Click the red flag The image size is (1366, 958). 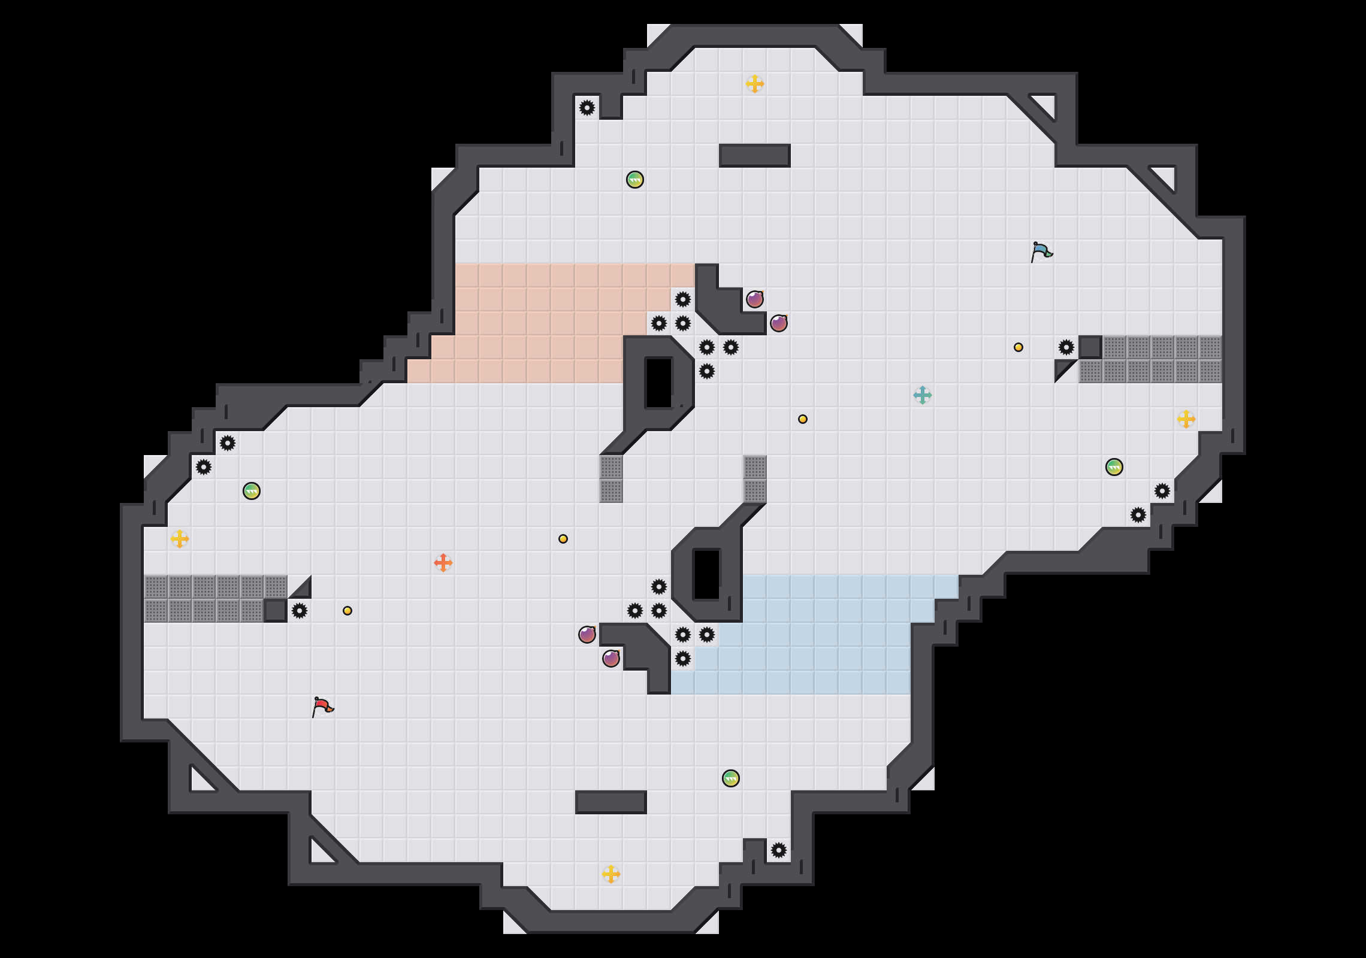click(322, 707)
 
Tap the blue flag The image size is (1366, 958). click(1041, 251)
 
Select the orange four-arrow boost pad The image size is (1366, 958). click(443, 563)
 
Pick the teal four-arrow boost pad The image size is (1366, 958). click(923, 395)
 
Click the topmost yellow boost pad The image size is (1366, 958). click(755, 84)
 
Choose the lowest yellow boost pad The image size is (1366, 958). click(611, 874)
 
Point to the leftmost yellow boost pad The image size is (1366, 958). click(180, 539)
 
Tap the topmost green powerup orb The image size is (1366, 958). click(635, 180)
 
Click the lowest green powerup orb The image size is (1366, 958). click(731, 778)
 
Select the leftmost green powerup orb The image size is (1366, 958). click(252, 491)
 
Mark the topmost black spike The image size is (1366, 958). click(587, 108)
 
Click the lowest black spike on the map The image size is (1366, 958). click(779, 850)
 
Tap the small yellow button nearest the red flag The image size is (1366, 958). click(347, 611)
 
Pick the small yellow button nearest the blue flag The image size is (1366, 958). click(1019, 347)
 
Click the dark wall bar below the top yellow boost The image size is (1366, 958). click(755, 156)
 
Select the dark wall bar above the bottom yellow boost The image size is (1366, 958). click(611, 802)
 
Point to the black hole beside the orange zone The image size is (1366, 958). click(659, 383)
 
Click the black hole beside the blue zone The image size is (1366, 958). click(707, 575)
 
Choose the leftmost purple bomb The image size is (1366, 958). click(587, 635)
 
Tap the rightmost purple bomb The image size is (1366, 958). click(779, 323)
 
